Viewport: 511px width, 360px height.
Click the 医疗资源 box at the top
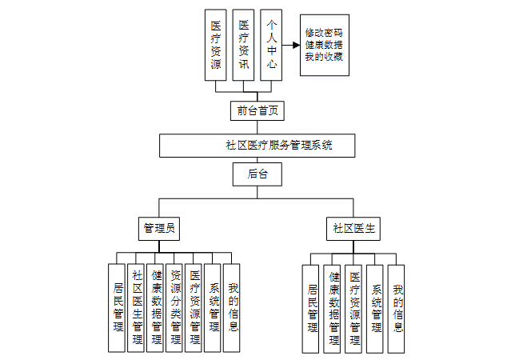point(215,45)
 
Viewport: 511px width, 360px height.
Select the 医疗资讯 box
point(244,45)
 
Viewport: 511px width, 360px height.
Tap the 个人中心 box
point(272,45)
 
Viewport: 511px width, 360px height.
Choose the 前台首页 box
point(256,110)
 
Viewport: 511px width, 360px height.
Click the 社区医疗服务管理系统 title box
point(257,146)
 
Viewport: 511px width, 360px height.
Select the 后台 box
point(256,174)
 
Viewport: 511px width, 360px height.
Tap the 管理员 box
point(158,228)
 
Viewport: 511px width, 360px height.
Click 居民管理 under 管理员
point(118,308)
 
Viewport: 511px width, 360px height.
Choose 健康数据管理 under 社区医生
point(333,308)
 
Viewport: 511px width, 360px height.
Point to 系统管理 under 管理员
point(213,308)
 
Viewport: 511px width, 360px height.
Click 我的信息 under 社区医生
point(397,308)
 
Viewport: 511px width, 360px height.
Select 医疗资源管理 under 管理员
point(194,308)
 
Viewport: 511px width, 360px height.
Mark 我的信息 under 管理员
point(232,308)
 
